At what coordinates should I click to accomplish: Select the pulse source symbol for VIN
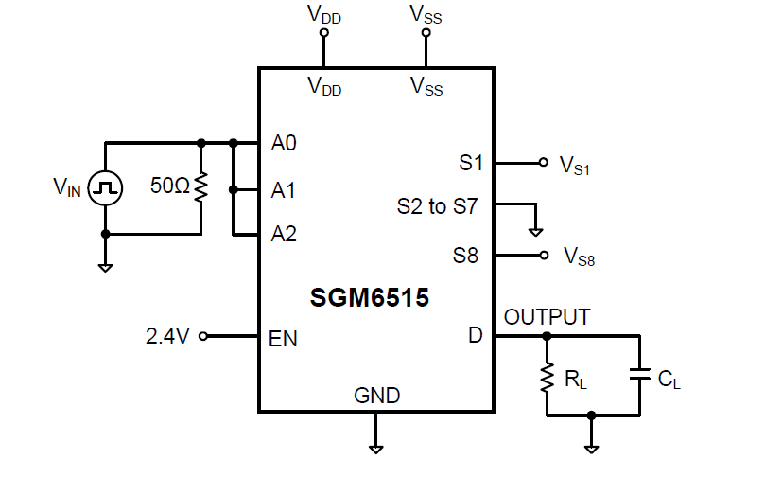coord(105,188)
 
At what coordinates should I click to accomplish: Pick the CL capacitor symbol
coord(639,376)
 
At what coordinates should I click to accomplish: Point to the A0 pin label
coord(284,144)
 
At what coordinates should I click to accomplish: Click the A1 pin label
coord(284,190)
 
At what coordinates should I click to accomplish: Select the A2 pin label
coord(284,233)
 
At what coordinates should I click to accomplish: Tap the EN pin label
coord(284,338)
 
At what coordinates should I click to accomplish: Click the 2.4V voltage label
coord(168,336)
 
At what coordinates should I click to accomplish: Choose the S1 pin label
coord(471,163)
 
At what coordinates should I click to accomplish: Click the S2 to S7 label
coord(438,205)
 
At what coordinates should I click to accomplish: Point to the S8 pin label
coord(466,256)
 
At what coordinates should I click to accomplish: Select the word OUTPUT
coord(548,317)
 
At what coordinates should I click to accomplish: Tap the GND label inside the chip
coord(376,395)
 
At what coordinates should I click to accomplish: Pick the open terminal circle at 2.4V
coord(203,335)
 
